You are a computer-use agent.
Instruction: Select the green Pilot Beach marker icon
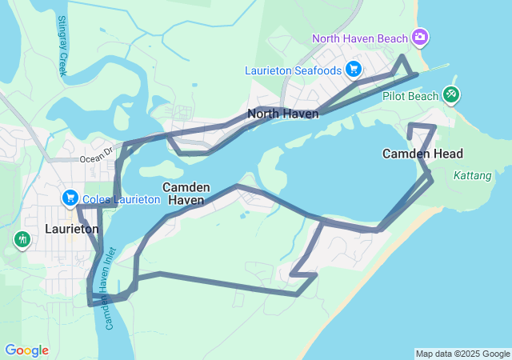click(451, 95)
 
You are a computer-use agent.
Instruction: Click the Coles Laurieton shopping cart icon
click(70, 198)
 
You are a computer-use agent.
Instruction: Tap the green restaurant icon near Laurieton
click(22, 238)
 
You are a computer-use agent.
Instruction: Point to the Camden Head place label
click(422, 154)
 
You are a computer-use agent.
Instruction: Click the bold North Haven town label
click(283, 114)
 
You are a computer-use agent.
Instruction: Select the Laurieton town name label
click(71, 229)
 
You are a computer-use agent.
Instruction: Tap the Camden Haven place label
click(186, 193)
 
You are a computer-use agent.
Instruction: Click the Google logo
click(26, 350)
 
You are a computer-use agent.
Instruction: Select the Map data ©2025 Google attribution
click(462, 354)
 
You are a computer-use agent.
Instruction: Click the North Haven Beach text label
click(360, 38)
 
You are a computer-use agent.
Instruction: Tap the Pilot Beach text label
click(410, 96)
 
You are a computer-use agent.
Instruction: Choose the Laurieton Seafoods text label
click(294, 70)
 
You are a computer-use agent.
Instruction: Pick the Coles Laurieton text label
click(120, 198)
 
